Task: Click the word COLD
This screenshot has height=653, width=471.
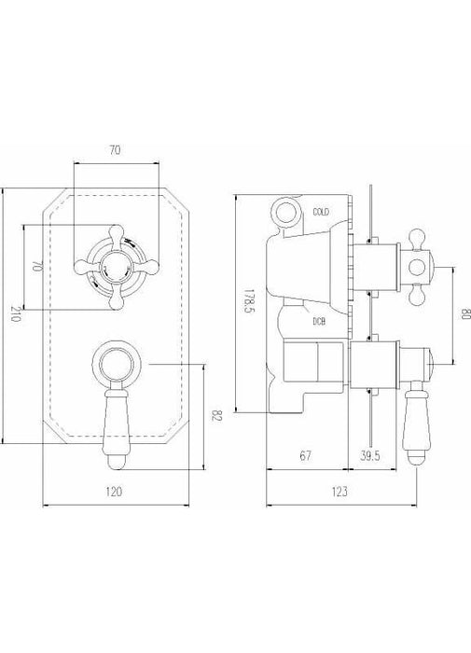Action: coord(323,213)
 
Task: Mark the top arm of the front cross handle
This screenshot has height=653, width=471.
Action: coord(117,231)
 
